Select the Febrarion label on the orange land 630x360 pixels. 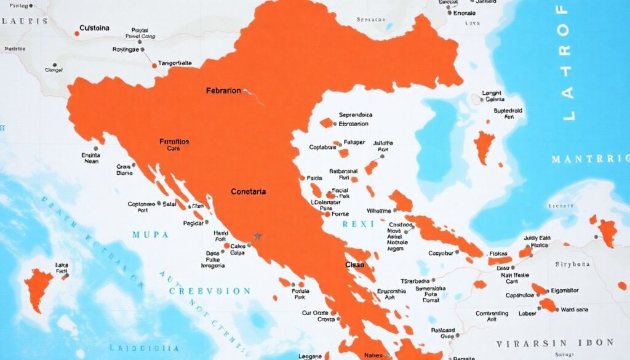point(223,90)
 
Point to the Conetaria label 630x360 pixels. point(248,192)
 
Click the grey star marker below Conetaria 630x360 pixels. point(257,236)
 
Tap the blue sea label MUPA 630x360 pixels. point(145,234)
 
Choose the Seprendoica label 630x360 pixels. point(357,114)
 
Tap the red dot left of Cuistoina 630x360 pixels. point(76,33)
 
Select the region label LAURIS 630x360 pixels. point(25,20)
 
